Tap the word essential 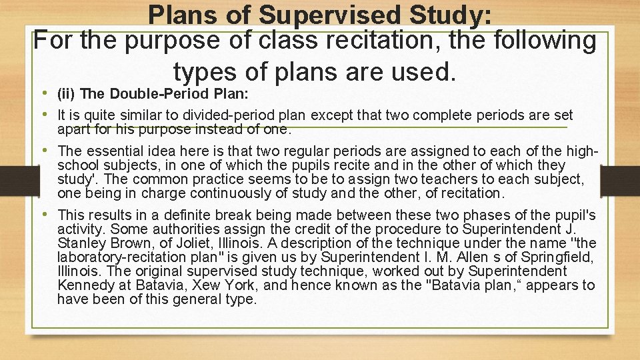(x=117, y=151)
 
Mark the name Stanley (x=81, y=243)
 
